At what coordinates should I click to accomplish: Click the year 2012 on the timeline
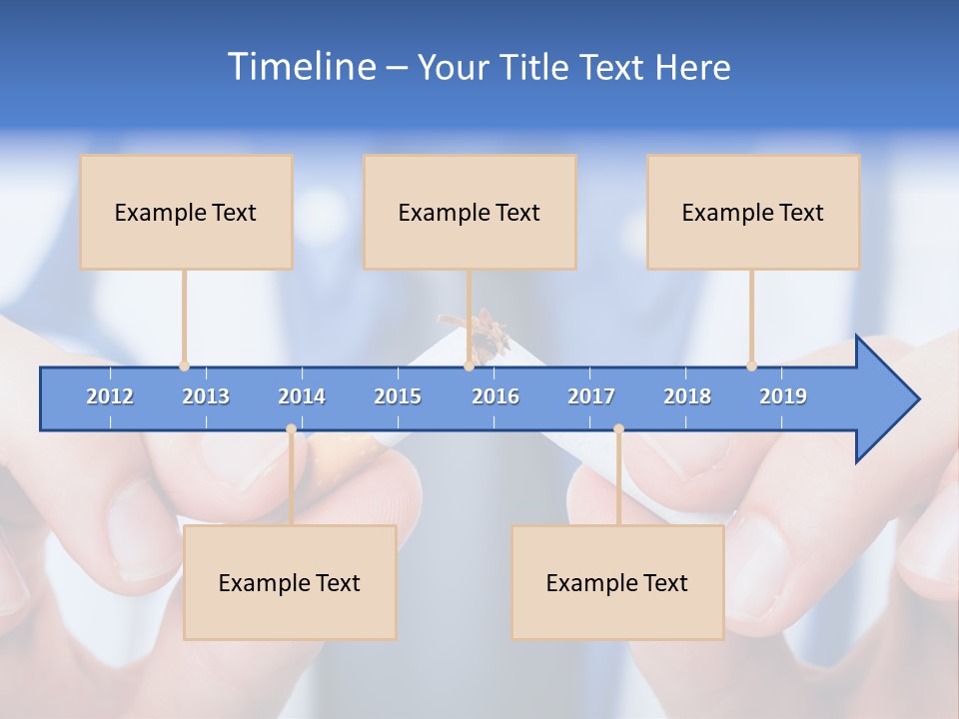(x=110, y=396)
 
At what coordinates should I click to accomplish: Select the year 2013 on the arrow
(x=206, y=396)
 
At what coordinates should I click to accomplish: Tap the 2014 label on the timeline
(x=302, y=396)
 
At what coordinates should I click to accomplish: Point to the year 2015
(x=398, y=396)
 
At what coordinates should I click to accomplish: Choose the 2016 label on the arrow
(x=495, y=396)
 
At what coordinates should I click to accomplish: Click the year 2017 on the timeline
(x=591, y=396)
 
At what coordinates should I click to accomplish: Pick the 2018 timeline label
(x=687, y=396)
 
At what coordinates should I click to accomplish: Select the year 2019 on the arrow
(x=783, y=396)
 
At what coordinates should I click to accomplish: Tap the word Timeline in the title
(x=300, y=67)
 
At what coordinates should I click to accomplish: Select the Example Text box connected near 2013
(x=186, y=212)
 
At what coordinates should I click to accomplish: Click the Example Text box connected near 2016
(x=470, y=212)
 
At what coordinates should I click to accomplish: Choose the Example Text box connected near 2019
(x=753, y=212)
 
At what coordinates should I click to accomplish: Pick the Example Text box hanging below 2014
(x=290, y=582)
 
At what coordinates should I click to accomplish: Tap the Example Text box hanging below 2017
(x=617, y=582)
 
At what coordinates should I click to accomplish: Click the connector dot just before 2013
(x=184, y=366)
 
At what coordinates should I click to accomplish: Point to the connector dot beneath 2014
(x=291, y=429)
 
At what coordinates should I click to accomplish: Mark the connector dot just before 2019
(x=751, y=366)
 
